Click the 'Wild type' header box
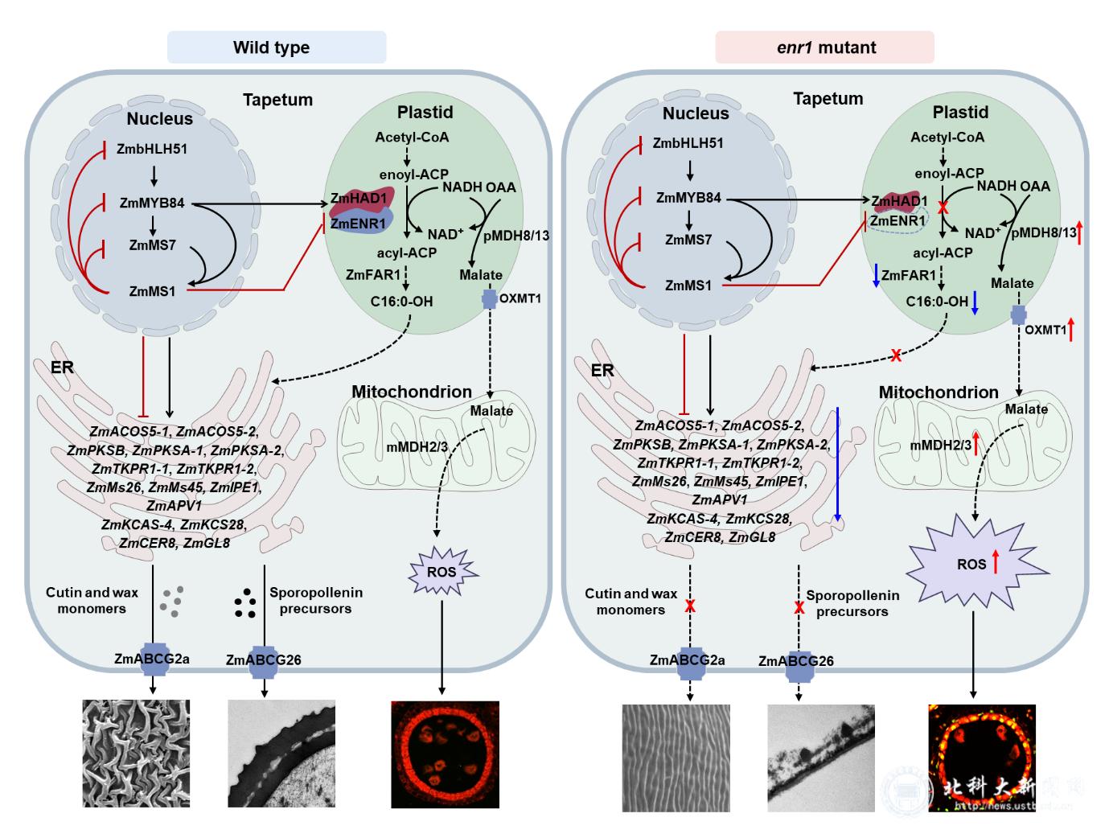pyautogui.click(x=276, y=47)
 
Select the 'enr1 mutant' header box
pyautogui.click(x=824, y=47)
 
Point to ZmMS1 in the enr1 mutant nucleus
pyautogui.click(x=688, y=285)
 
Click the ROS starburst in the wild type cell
pyautogui.click(x=442, y=573)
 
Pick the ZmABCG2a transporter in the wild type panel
pyautogui.click(x=152, y=659)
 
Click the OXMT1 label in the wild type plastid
pyautogui.click(x=520, y=299)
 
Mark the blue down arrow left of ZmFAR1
pyautogui.click(x=876, y=276)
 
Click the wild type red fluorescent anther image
pyautogui.click(x=445, y=754)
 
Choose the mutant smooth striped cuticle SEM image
pyautogui.click(x=676, y=758)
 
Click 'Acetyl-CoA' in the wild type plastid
pyautogui.click(x=412, y=138)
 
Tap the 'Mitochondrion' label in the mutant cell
pyautogui.click(x=938, y=392)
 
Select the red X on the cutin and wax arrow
pyautogui.click(x=689, y=606)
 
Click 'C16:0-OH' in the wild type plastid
pyautogui.click(x=401, y=302)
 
